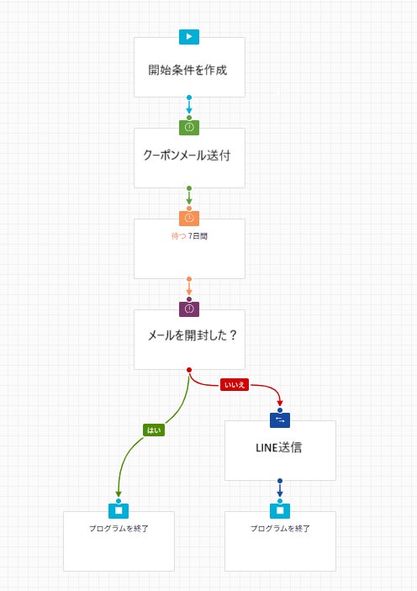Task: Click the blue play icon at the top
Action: (x=189, y=37)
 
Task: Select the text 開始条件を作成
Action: (x=187, y=70)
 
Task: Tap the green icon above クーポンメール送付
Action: (x=189, y=128)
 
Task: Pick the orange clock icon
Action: (x=189, y=219)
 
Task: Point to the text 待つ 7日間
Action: (x=188, y=236)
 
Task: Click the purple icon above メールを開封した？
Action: (x=189, y=309)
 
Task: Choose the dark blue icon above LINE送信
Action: (x=280, y=420)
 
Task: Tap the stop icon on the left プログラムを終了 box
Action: (x=119, y=510)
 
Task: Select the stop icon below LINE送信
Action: (x=280, y=510)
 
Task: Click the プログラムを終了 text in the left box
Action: (x=119, y=529)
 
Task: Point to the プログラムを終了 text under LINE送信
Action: (x=280, y=529)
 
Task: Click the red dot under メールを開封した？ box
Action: (x=189, y=370)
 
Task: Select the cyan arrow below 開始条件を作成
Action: (x=189, y=107)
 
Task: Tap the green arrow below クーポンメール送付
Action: (x=189, y=198)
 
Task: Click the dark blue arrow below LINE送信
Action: (x=280, y=490)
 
